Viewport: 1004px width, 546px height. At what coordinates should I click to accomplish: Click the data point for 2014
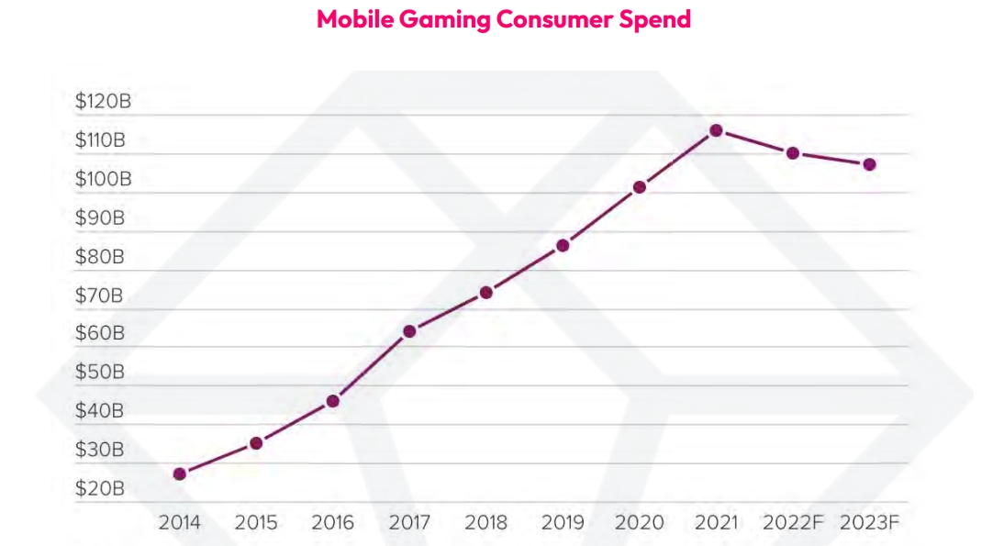tap(180, 474)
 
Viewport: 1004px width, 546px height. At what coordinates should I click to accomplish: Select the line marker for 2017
tap(409, 330)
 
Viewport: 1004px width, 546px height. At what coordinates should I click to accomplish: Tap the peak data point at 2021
tap(716, 130)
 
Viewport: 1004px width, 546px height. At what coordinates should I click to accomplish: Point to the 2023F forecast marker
tap(869, 164)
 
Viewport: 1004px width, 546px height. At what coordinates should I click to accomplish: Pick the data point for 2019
tap(563, 245)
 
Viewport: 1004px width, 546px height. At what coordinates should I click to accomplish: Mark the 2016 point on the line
tap(333, 401)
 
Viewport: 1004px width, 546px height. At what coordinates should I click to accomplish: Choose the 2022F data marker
tap(793, 152)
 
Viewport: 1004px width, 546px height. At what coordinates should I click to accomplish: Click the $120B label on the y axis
tap(103, 102)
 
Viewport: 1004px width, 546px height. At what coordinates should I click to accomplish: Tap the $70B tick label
tap(99, 295)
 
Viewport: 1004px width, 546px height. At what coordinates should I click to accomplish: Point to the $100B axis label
tap(103, 179)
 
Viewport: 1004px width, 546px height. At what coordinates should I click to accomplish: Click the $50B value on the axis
tap(99, 373)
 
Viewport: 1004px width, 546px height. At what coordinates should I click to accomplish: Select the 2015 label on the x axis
tap(256, 523)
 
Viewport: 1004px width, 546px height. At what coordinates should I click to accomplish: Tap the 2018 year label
tap(485, 523)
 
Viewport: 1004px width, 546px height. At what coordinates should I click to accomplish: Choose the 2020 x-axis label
tap(639, 523)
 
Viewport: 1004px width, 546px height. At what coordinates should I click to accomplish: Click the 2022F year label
tap(792, 523)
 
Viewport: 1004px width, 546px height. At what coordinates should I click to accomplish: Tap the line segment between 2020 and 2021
tap(677, 159)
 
